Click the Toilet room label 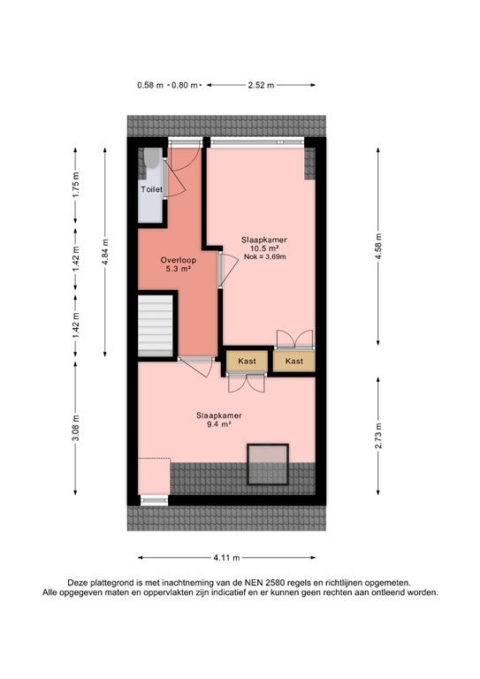click(x=151, y=189)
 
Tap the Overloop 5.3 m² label click(x=178, y=264)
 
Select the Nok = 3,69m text click(x=264, y=256)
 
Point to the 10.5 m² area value click(x=264, y=248)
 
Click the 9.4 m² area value click(x=218, y=424)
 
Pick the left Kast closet click(x=247, y=361)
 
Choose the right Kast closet click(x=293, y=361)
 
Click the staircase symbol click(x=156, y=325)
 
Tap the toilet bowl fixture click(x=151, y=158)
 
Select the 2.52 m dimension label click(x=261, y=85)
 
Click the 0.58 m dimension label click(x=150, y=85)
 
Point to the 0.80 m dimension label click(x=185, y=85)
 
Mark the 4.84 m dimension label click(x=105, y=253)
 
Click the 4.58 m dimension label click(x=378, y=246)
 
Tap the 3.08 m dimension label click(x=75, y=429)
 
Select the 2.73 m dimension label click(x=378, y=436)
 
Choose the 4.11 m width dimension click(x=226, y=558)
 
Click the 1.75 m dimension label click(x=75, y=185)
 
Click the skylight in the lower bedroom click(x=268, y=464)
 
